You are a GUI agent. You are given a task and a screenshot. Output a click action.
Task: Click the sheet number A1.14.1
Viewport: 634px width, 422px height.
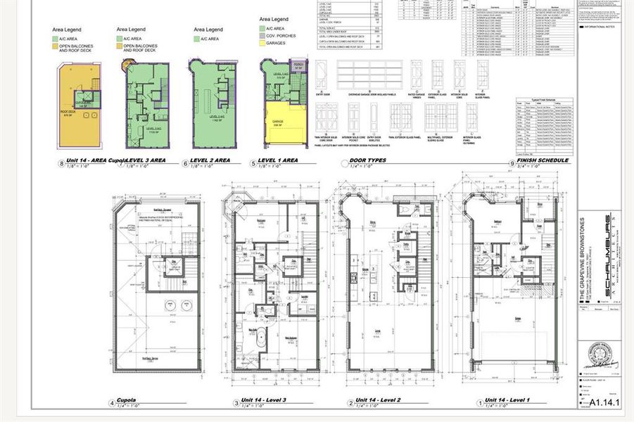pos(602,403)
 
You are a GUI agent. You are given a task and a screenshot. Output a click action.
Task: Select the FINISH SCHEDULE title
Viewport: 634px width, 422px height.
pos(543,160)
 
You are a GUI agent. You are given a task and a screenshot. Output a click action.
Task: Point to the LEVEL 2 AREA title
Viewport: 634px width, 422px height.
pos(212,160)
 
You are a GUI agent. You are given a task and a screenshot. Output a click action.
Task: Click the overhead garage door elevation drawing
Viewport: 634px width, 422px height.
pos(370,75)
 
